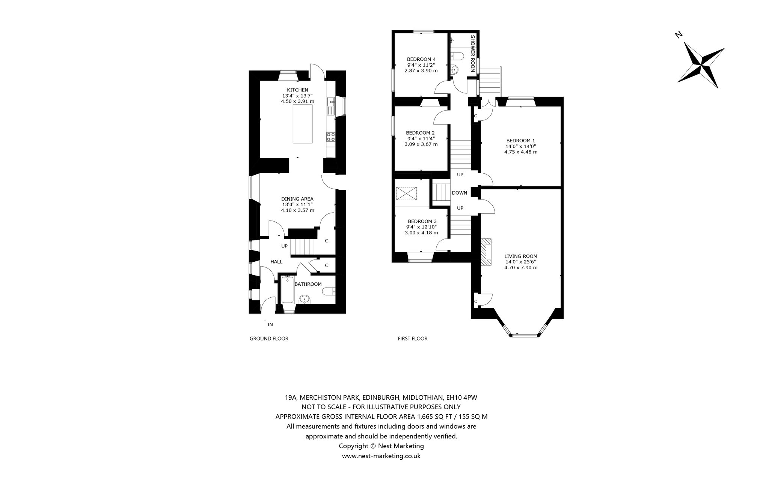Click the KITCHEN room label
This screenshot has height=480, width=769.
297,90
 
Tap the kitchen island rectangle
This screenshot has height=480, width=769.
303,124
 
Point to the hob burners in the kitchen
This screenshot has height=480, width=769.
68,137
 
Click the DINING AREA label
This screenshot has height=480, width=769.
297,199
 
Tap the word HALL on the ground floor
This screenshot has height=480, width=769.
277,262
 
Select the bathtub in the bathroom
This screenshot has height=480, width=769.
287,290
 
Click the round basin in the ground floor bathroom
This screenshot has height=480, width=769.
305,299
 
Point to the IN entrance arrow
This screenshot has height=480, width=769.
265,323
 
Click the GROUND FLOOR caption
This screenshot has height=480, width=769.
269,339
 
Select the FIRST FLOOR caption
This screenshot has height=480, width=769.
413,339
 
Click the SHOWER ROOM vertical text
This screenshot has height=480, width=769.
473,54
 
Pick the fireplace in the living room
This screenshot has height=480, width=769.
486,252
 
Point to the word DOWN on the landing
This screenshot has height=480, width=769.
460,193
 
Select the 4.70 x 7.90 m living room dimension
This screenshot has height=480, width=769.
521,268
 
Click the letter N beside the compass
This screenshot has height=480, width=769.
679,35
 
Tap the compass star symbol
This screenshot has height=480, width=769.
701,65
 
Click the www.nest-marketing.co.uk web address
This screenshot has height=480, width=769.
381,456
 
